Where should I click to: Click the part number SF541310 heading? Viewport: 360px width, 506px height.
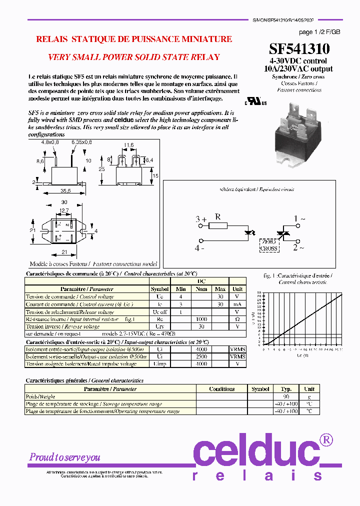[x=299, y=48]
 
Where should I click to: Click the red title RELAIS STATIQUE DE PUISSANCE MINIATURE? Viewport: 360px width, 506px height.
[x=134, y=39]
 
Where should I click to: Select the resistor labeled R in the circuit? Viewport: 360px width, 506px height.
[x=217, y=226]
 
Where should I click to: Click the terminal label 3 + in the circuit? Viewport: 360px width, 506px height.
[x=201, y=219]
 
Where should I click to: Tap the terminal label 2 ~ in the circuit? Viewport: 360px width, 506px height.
[x=298, y=247]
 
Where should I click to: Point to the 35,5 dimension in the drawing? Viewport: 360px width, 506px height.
[x=65, y=190]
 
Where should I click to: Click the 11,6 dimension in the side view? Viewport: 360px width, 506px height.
[x=129, y=145]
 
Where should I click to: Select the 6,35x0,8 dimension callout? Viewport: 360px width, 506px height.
[x=81, y=142]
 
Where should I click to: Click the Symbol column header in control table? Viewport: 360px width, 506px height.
[x=159, y=289]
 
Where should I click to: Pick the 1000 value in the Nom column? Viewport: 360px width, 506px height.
[x=201, y=319]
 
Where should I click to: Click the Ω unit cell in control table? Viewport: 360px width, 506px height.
[x=237, y=319]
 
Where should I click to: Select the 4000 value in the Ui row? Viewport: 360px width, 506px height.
[x=201, y=349]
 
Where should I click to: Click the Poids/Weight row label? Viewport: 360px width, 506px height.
[x=40, y=396]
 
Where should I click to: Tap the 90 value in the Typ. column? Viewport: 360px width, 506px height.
[x=285, y=396]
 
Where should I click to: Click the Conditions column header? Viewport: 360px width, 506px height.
[x=221, y=388]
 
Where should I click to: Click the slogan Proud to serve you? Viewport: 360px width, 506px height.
[x=64, y=457]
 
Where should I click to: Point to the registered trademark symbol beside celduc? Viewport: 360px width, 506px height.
[x=326, y=439]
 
